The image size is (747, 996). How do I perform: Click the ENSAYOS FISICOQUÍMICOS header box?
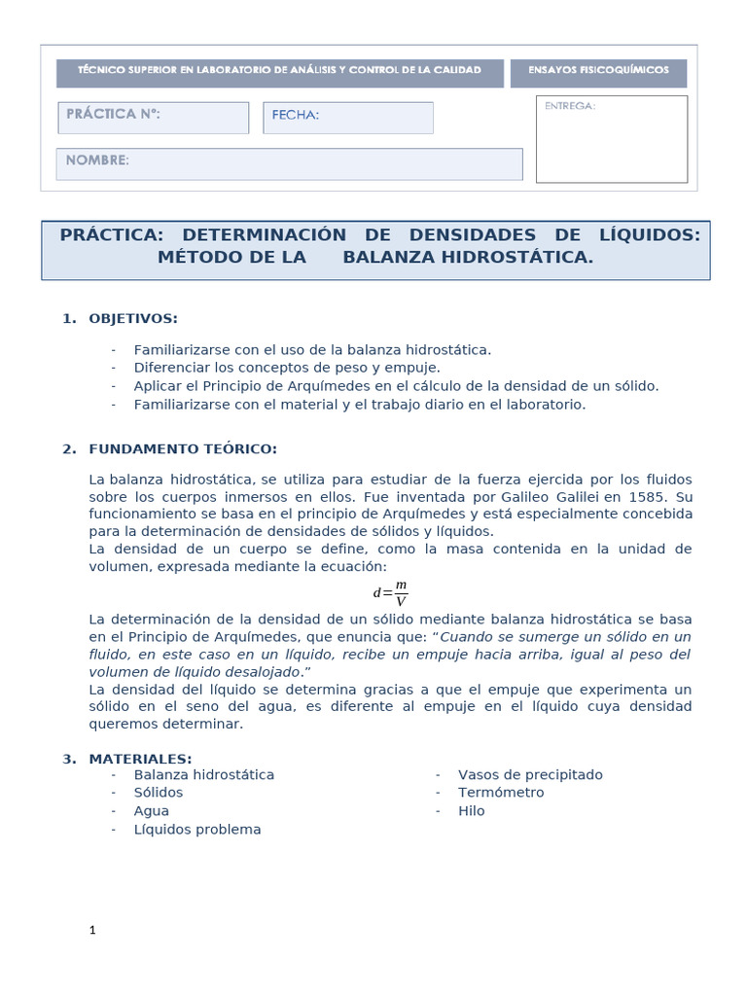598,73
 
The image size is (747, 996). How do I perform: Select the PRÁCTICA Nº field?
153,118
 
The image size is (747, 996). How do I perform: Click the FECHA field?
347,118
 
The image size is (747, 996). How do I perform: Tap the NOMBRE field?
289,163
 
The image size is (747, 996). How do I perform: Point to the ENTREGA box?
611,139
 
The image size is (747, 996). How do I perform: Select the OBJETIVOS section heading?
133,318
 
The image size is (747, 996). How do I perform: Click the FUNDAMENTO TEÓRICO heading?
183,448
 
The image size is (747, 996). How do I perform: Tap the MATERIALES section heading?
140,759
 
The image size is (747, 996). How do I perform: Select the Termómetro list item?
501,793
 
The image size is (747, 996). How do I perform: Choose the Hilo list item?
471,810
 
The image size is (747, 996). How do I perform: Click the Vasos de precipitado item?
530,775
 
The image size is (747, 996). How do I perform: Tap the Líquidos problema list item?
197,829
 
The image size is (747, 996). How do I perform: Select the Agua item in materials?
152,810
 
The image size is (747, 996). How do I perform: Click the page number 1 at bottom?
92,931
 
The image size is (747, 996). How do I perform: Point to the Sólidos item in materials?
159,793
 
